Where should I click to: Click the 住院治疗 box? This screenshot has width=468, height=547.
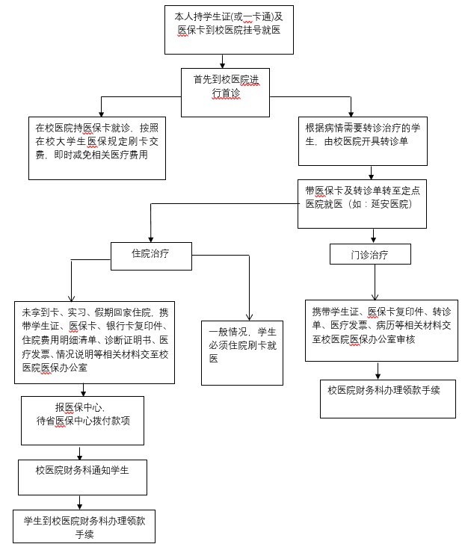click(x=151, y=256)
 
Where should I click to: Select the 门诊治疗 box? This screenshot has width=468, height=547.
click(x=370, y=254)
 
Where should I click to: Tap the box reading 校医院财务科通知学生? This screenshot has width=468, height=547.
click(x=82, y=478)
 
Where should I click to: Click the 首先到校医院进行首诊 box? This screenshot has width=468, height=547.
click(x=225, y=93)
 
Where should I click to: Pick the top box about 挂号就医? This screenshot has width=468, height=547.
click(x=229, y=30)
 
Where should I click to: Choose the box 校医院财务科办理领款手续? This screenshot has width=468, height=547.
click(x=388, y=399)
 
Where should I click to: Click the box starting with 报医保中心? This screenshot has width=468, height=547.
click(x=82, y=421)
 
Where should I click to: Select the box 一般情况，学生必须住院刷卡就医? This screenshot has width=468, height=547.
click(x=242, y=353)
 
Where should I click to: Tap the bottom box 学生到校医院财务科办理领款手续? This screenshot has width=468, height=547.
click(x=84, y=526)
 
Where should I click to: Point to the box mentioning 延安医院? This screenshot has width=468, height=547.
click(x=362, y=204)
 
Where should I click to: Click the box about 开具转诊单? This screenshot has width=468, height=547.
click(x=363, y=141)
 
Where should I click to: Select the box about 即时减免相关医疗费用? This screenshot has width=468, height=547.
click(x=97, y=148)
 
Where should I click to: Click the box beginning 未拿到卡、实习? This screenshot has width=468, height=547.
click(x=94, y=342)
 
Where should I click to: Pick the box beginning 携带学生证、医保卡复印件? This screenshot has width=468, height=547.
click(x=381, y=330)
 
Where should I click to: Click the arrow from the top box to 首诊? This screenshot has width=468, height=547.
click(x=222, y=61)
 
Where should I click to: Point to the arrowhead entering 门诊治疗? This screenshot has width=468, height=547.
click(x=373, y=240)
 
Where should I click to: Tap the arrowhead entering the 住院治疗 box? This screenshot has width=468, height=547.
click(x=151, y=239)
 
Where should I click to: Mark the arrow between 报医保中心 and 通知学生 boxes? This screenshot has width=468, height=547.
click(x=79, y=452)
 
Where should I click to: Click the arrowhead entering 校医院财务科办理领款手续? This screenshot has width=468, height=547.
click(x=378, y=376)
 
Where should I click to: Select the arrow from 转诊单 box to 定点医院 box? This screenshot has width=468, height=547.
click(x=371, y=173)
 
